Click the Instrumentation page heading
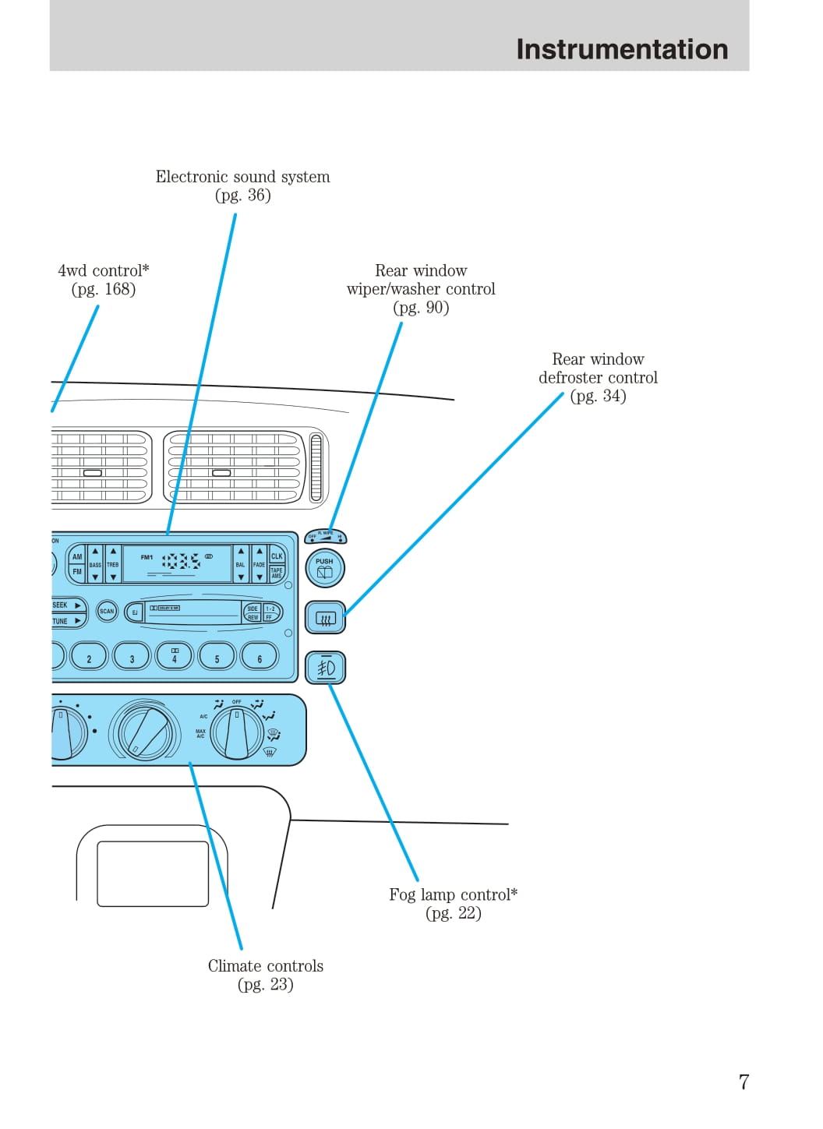coord(621,49)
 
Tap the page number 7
coord(744,1081)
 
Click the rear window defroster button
coord(325,619)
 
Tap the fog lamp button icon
coord(325,668)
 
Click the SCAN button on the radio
coord(107,612)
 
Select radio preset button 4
coord(175,657)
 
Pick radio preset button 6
coord(260,657)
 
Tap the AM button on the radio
coord(76,556)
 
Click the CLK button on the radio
coord(277,556)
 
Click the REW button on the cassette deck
coord(253,617)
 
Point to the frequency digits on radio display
coord(181,561)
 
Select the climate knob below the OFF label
coord(237,733)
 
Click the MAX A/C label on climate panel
coord(200,734)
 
